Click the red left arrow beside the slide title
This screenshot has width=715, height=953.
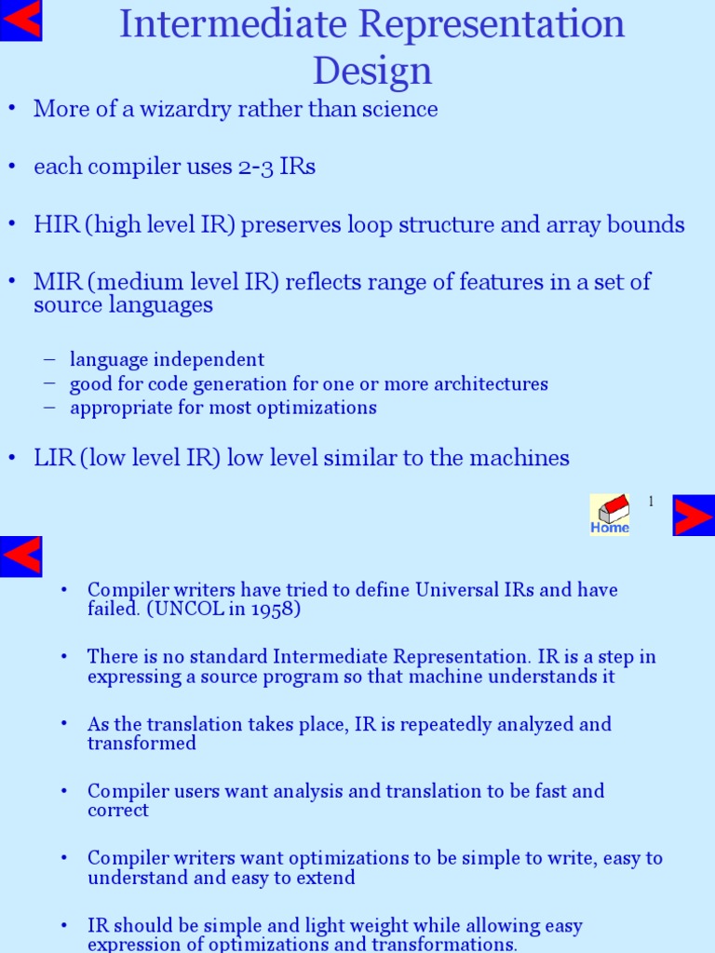(20, 20)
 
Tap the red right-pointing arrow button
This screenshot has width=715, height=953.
(694, 516)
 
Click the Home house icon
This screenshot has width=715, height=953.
(610, 515)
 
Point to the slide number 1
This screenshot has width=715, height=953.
(652, 502)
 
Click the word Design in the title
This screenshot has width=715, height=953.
(372, 71)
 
